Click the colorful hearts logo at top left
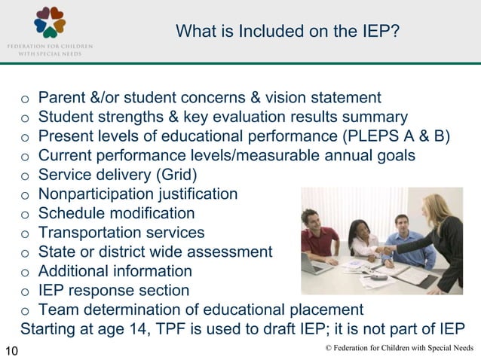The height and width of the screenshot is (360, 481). [51, 22]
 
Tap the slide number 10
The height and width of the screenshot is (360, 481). [12, 349]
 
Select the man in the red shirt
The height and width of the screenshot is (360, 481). [317, 237]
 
